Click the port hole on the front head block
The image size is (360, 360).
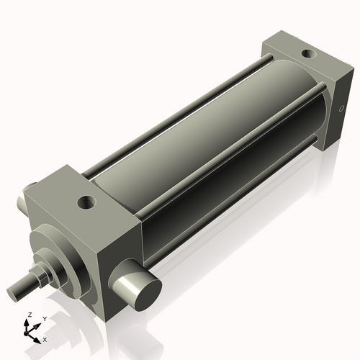(87, 202)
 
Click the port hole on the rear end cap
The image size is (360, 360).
(308, 53)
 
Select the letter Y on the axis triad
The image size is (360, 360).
(45, 318)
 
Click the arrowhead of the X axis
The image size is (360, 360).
(38, 336)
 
